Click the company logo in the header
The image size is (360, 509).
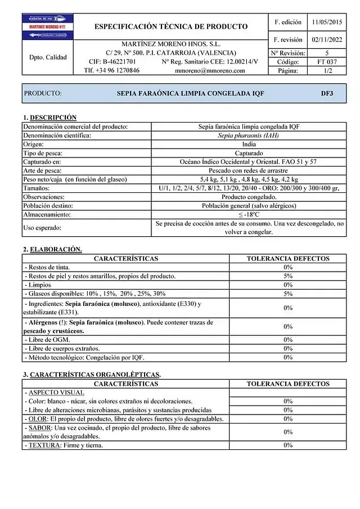tap(47, 27)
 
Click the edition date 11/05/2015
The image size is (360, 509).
tap(327, 22)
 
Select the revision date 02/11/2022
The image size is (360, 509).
tap(327, 40)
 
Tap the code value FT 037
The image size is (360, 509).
tap(327, 62)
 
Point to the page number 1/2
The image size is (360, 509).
tap(327, 71)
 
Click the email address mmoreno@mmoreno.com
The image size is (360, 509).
tap(210, 71)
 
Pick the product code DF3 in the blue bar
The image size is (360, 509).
tap(326, 93)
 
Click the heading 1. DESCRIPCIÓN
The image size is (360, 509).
tap(50, 118)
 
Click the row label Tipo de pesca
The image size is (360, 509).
tap(43, 153)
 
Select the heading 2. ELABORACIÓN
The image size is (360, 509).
tap(52, 249)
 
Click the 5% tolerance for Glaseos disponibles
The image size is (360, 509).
tap(288, 294)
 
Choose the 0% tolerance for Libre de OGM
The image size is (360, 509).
tap(288, 340)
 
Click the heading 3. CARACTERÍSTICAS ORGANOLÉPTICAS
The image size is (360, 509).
tap(92, 375)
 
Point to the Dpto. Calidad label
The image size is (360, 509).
tap(48, 57)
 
